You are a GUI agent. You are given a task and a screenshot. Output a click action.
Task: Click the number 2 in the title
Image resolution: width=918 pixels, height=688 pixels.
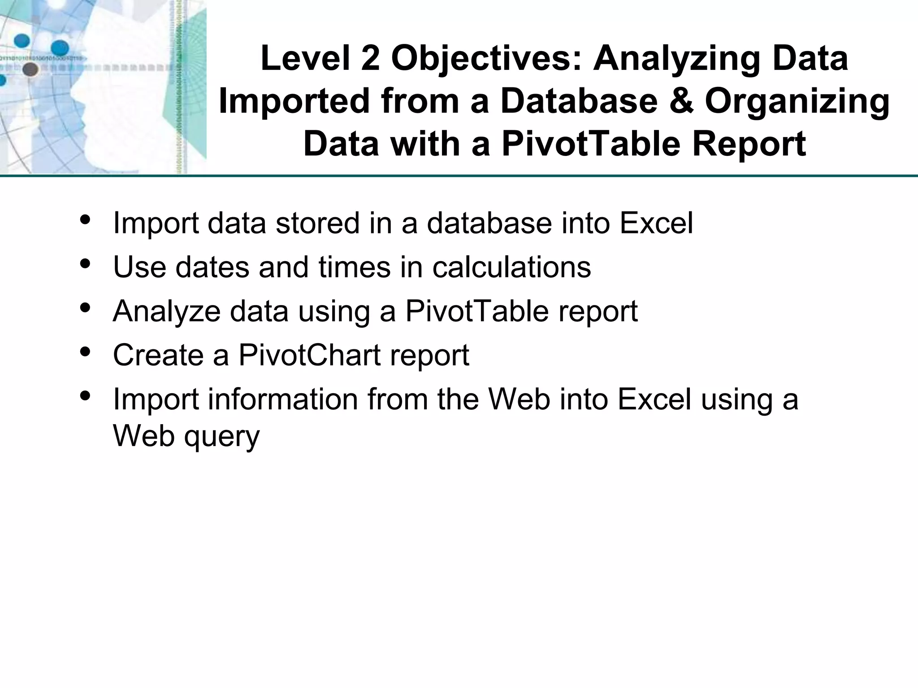coord(370,59)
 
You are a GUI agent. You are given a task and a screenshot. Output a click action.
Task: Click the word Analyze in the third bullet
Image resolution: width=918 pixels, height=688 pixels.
coord(166,312)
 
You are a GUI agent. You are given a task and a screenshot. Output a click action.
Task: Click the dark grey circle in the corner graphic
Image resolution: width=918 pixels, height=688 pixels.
coord(30,69)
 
